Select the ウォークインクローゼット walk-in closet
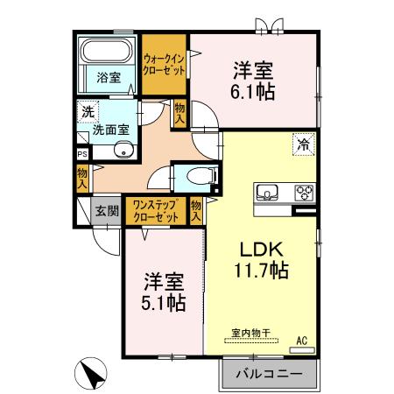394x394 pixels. (x=164, y=65)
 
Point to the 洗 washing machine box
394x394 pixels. (x=88, y=112)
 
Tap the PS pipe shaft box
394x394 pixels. (x=82, y=152)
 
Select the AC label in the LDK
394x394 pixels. (x=302, y=340)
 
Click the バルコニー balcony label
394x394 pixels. (x=270, y=374)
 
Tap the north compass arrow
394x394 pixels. (x=91, y=373)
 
